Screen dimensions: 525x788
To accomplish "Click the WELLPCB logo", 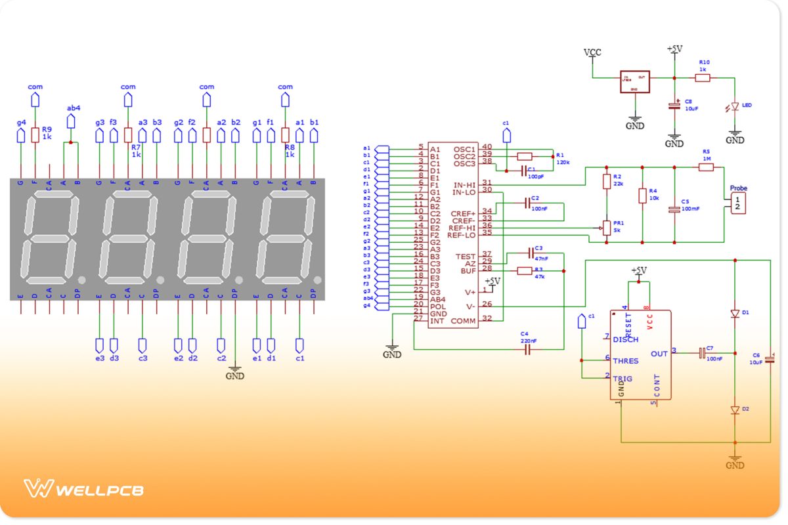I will point(83,489).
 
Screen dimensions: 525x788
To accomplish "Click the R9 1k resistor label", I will point(47,134).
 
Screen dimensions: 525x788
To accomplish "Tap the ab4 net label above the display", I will point(74,108).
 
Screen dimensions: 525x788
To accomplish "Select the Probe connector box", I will point(739,203).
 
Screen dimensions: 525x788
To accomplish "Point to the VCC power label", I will point(592,52).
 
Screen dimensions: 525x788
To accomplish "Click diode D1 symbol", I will point(735,314).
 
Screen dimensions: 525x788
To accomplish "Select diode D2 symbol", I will point(735,409).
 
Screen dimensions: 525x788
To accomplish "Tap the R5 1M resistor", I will point(706,167).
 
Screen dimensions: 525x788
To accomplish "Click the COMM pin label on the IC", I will point(463,320).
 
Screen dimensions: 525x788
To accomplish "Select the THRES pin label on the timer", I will point(625,361).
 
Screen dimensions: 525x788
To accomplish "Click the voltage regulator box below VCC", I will point(634,81).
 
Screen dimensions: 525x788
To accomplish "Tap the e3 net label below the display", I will point(100,358).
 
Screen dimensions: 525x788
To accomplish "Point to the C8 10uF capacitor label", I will point(688,105).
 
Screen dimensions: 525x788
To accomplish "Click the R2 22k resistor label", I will point(617,180).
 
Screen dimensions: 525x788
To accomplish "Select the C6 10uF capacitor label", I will point(756,358).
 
